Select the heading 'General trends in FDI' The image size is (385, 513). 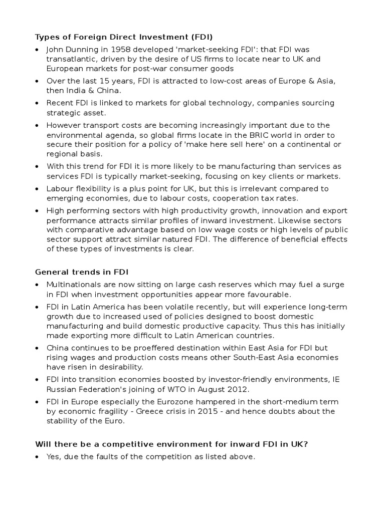pyautogui.click(x=81, y=272)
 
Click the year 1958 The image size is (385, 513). pyautogui.click(x=112, y=50)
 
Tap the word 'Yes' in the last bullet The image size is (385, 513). pyautogui.click(x=54, y=456)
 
